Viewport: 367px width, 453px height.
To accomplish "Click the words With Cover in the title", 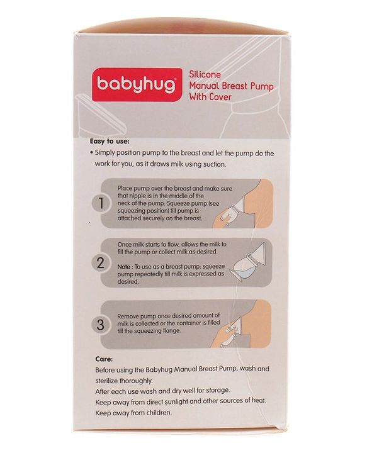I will coord(211,98).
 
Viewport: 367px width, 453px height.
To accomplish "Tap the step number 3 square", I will coord(99,325).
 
